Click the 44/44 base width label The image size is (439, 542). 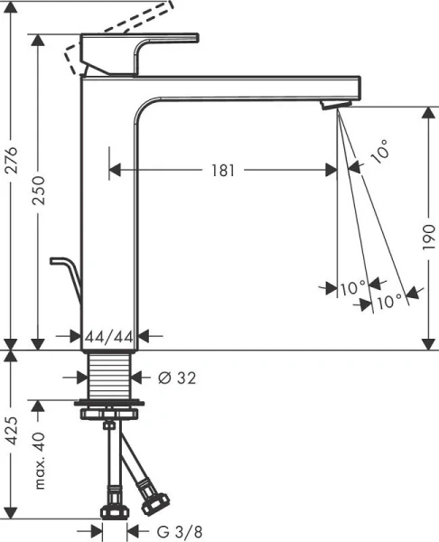point(108,336)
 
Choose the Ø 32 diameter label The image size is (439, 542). point(176,376)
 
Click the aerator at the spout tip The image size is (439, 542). point(333,106)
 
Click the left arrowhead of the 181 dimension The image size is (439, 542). point(115,169)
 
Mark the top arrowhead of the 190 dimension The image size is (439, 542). point(425,111)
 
